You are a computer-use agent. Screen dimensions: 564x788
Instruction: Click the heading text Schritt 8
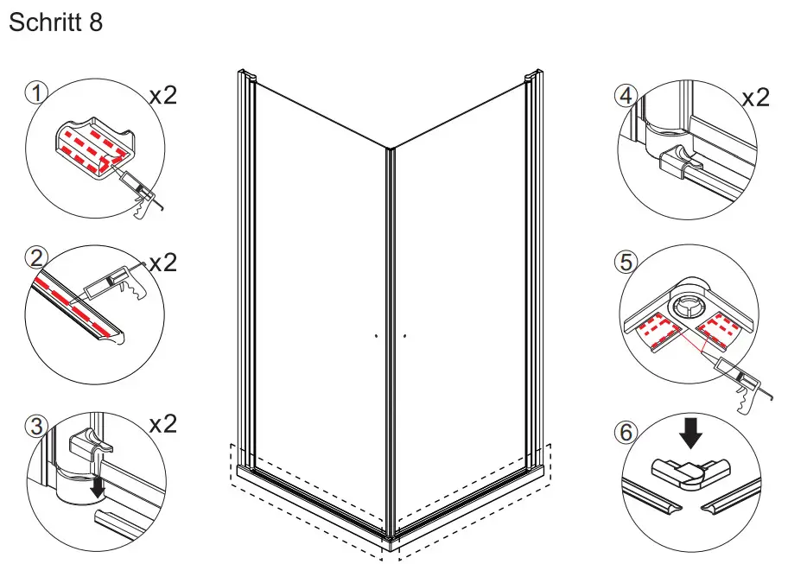coord(55,22)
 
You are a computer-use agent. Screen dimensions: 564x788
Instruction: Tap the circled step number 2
coord(35,257)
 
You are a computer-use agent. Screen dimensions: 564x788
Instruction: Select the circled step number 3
coord(35,424)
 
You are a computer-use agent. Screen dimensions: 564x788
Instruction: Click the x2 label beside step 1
coord(162,94)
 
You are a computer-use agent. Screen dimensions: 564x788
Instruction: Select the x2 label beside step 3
coord(162,424)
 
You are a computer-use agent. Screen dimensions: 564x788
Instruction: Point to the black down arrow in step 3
coord(98,488)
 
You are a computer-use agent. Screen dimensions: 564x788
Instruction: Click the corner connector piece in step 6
coord(687,473)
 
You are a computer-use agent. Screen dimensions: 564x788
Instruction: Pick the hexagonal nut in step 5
coord(690,303)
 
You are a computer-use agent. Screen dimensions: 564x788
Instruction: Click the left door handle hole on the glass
coord(378,335)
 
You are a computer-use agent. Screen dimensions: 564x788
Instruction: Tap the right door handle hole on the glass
coord(404,334)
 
